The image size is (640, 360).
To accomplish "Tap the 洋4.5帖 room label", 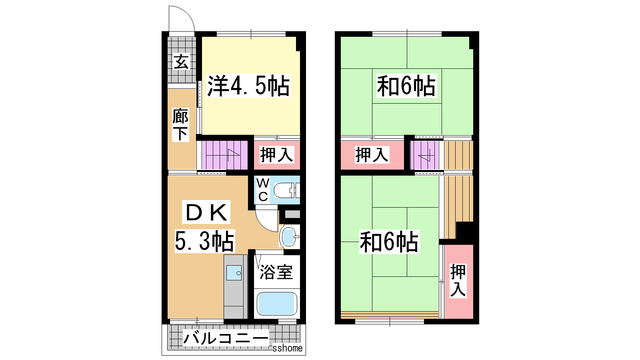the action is [248, 86].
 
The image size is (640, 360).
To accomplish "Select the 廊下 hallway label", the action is [180, 124].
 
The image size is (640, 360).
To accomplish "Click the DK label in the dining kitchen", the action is [206, 212].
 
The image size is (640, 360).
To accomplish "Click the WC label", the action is [263, 190].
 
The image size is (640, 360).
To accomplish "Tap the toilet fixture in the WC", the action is [286, 190].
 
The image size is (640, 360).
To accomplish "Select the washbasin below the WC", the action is [290, 236].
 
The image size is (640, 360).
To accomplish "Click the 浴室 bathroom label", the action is [276, 272].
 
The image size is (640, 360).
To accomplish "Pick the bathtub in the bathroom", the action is [276, 304].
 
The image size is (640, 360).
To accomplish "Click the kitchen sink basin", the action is [234, 272].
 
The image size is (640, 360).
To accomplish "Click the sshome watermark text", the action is [288, 348].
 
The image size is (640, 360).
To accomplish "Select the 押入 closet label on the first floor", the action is [276, 155].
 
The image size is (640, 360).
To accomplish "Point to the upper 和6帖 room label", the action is [406, 86].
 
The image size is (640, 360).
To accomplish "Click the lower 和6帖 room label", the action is [389, 242].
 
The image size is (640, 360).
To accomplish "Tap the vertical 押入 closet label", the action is [458, 280].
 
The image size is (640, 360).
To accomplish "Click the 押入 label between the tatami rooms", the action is [372, 155].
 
